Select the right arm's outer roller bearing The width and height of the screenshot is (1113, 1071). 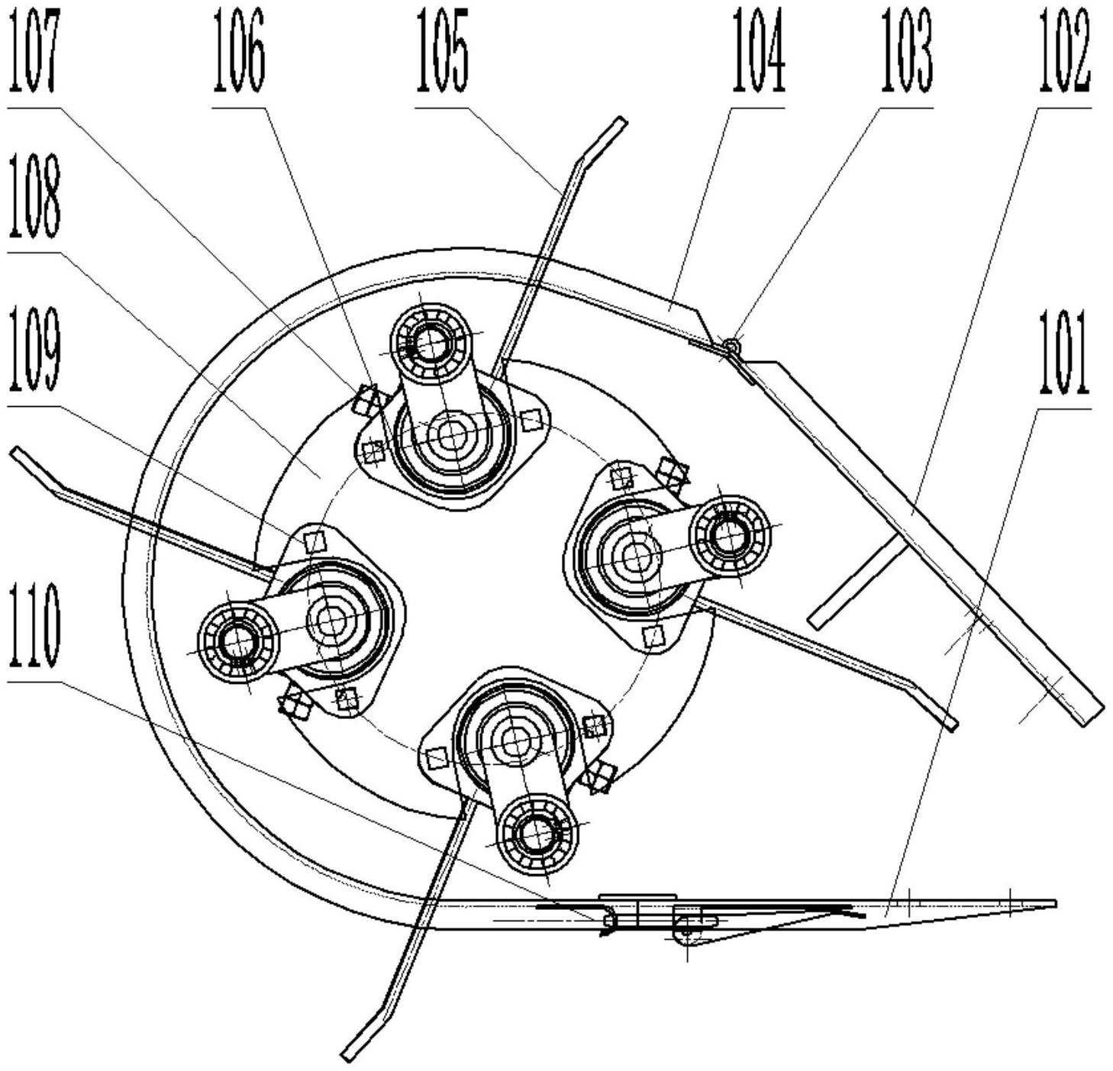[729, 535]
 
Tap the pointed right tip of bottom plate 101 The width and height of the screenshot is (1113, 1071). [1055, 904]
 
